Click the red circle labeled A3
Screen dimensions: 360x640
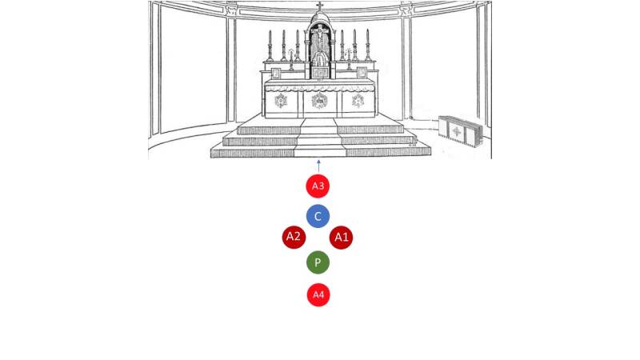pyautogui.click(x=318, y=186)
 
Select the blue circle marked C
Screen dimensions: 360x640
pyautogui.click(x=318, y=216)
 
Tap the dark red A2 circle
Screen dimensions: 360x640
pyautogui.click(x=294, y=236)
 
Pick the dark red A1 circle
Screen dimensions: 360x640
pyautogui.click(x=341, y=237)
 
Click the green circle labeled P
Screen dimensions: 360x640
pyautogui.click(x=318, y=262)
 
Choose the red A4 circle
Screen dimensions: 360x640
pyautogui.click(x=318, y=294)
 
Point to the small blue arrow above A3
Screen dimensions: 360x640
pyautogui.click(x=318, y=167)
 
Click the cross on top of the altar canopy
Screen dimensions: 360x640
pyautogui.click(x=320, y=7)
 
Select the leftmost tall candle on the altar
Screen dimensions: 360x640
pyautogui.click(x=270, y=46)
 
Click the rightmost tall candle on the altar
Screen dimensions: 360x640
pyautogui.click(x=368, y=46)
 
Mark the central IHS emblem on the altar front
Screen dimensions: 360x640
pyautogui.click(x=319, y=100)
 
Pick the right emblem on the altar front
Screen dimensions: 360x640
pyautogui.click(x=358, y=101)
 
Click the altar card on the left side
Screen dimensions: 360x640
pyautogui.click(x=277, y=73)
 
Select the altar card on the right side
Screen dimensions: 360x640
pyautogui.click(x=362, y=73)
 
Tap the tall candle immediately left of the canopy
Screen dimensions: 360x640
pyautogui.click(x=298, y=46)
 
